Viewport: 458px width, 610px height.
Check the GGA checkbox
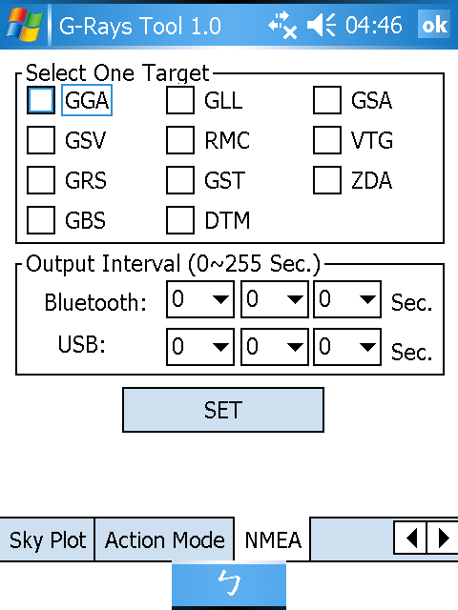click(41, 100)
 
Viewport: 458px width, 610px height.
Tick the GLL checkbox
click(180, 100)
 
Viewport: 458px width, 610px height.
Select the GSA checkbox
click(327, 100)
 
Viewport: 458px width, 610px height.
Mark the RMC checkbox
click(180, 140)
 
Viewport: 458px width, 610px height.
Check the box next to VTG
click(327, 140)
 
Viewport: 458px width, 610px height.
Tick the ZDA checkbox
click(327, 180)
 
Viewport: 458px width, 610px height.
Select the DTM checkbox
click(180, 220)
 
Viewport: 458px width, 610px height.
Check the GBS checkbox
click(41, 220)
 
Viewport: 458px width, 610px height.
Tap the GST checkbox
click(180, 180)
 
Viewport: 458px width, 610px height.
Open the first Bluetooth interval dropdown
click(200, 299)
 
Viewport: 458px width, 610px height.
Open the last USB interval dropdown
click(347, 347)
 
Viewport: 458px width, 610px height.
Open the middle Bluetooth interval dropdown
click(275, 299)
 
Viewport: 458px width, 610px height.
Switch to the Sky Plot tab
click(47, 539)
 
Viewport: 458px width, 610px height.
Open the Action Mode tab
click(164, 539)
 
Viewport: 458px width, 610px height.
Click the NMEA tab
click(273, 539)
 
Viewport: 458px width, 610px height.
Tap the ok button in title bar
click(434, 25)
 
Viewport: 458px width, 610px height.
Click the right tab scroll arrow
click(443, 538)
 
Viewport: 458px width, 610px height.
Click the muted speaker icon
click(322, 25)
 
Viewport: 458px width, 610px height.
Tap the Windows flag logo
click(24, 25)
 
